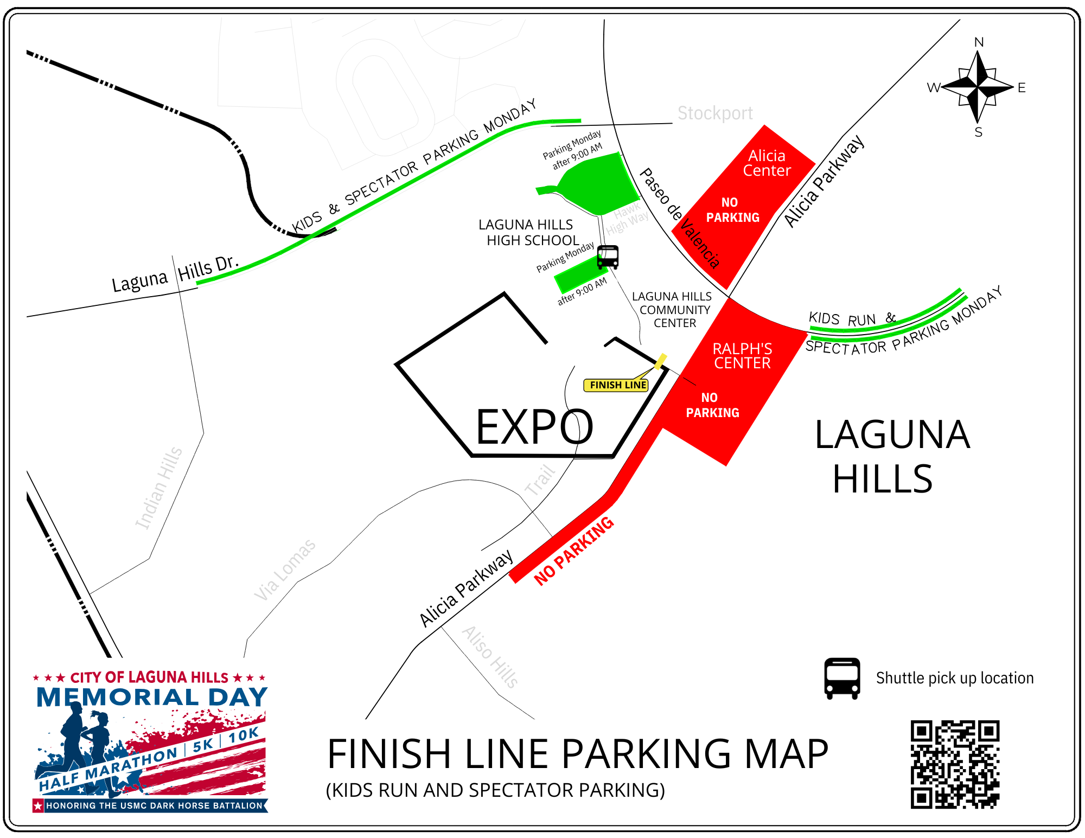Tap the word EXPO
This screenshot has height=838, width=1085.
point(534,427)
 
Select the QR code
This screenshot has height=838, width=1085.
point(955,764)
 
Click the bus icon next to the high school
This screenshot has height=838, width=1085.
point(608,257)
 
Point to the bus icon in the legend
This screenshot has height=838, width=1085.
point(842,679)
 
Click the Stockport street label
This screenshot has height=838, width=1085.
point(715,113)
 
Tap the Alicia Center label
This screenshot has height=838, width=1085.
point(767,163)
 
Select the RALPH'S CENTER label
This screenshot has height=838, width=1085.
point(742,356)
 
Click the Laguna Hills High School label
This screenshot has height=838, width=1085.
point(529,233)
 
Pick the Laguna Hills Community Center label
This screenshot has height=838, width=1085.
point(673,310)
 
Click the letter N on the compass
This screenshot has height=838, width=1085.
point(979,42)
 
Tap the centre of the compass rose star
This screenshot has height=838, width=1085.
point(978,87)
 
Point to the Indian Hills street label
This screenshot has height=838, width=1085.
point(158,488)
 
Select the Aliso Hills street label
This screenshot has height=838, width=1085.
point(490,657)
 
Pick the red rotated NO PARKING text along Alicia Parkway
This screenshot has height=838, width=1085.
point(573,551)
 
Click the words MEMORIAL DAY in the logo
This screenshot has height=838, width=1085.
point(152,698)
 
